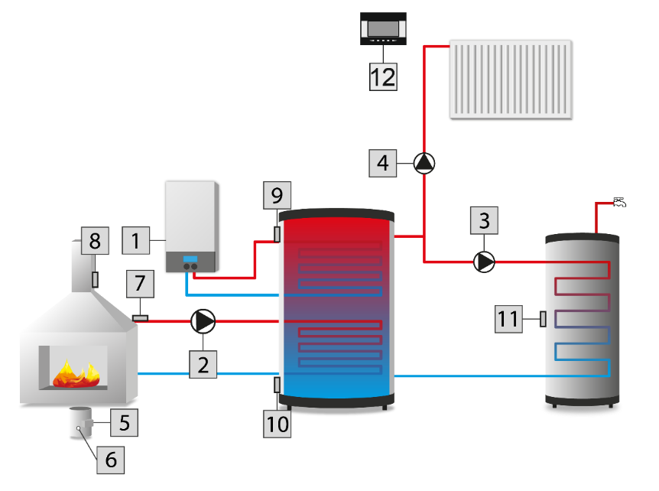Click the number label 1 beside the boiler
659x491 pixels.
[x=136, y=240]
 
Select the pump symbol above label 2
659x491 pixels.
[x=203, y=322]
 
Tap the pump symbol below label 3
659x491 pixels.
[x=484, y=262]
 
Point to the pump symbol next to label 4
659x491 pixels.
[x=424, y=162]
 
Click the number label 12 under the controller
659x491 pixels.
[x=383, y=76]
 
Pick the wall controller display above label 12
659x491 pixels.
[x=383, y=30]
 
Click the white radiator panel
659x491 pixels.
[x=511, y=79]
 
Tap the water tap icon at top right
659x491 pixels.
[x=619, y=203]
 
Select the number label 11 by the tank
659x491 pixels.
[x=509, y=319]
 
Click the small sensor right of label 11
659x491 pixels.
[x=543, y=319]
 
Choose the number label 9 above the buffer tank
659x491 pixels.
[x=277, y=196]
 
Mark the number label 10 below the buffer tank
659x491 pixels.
[x=277, y=422]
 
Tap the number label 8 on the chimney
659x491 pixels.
[x=95, y=241]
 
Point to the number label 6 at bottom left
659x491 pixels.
[x=110, y=459]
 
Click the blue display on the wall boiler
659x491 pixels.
[x=190, y=258]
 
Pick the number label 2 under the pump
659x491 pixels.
[x=203, y=364]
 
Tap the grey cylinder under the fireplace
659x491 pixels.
[x=80, y=423]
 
